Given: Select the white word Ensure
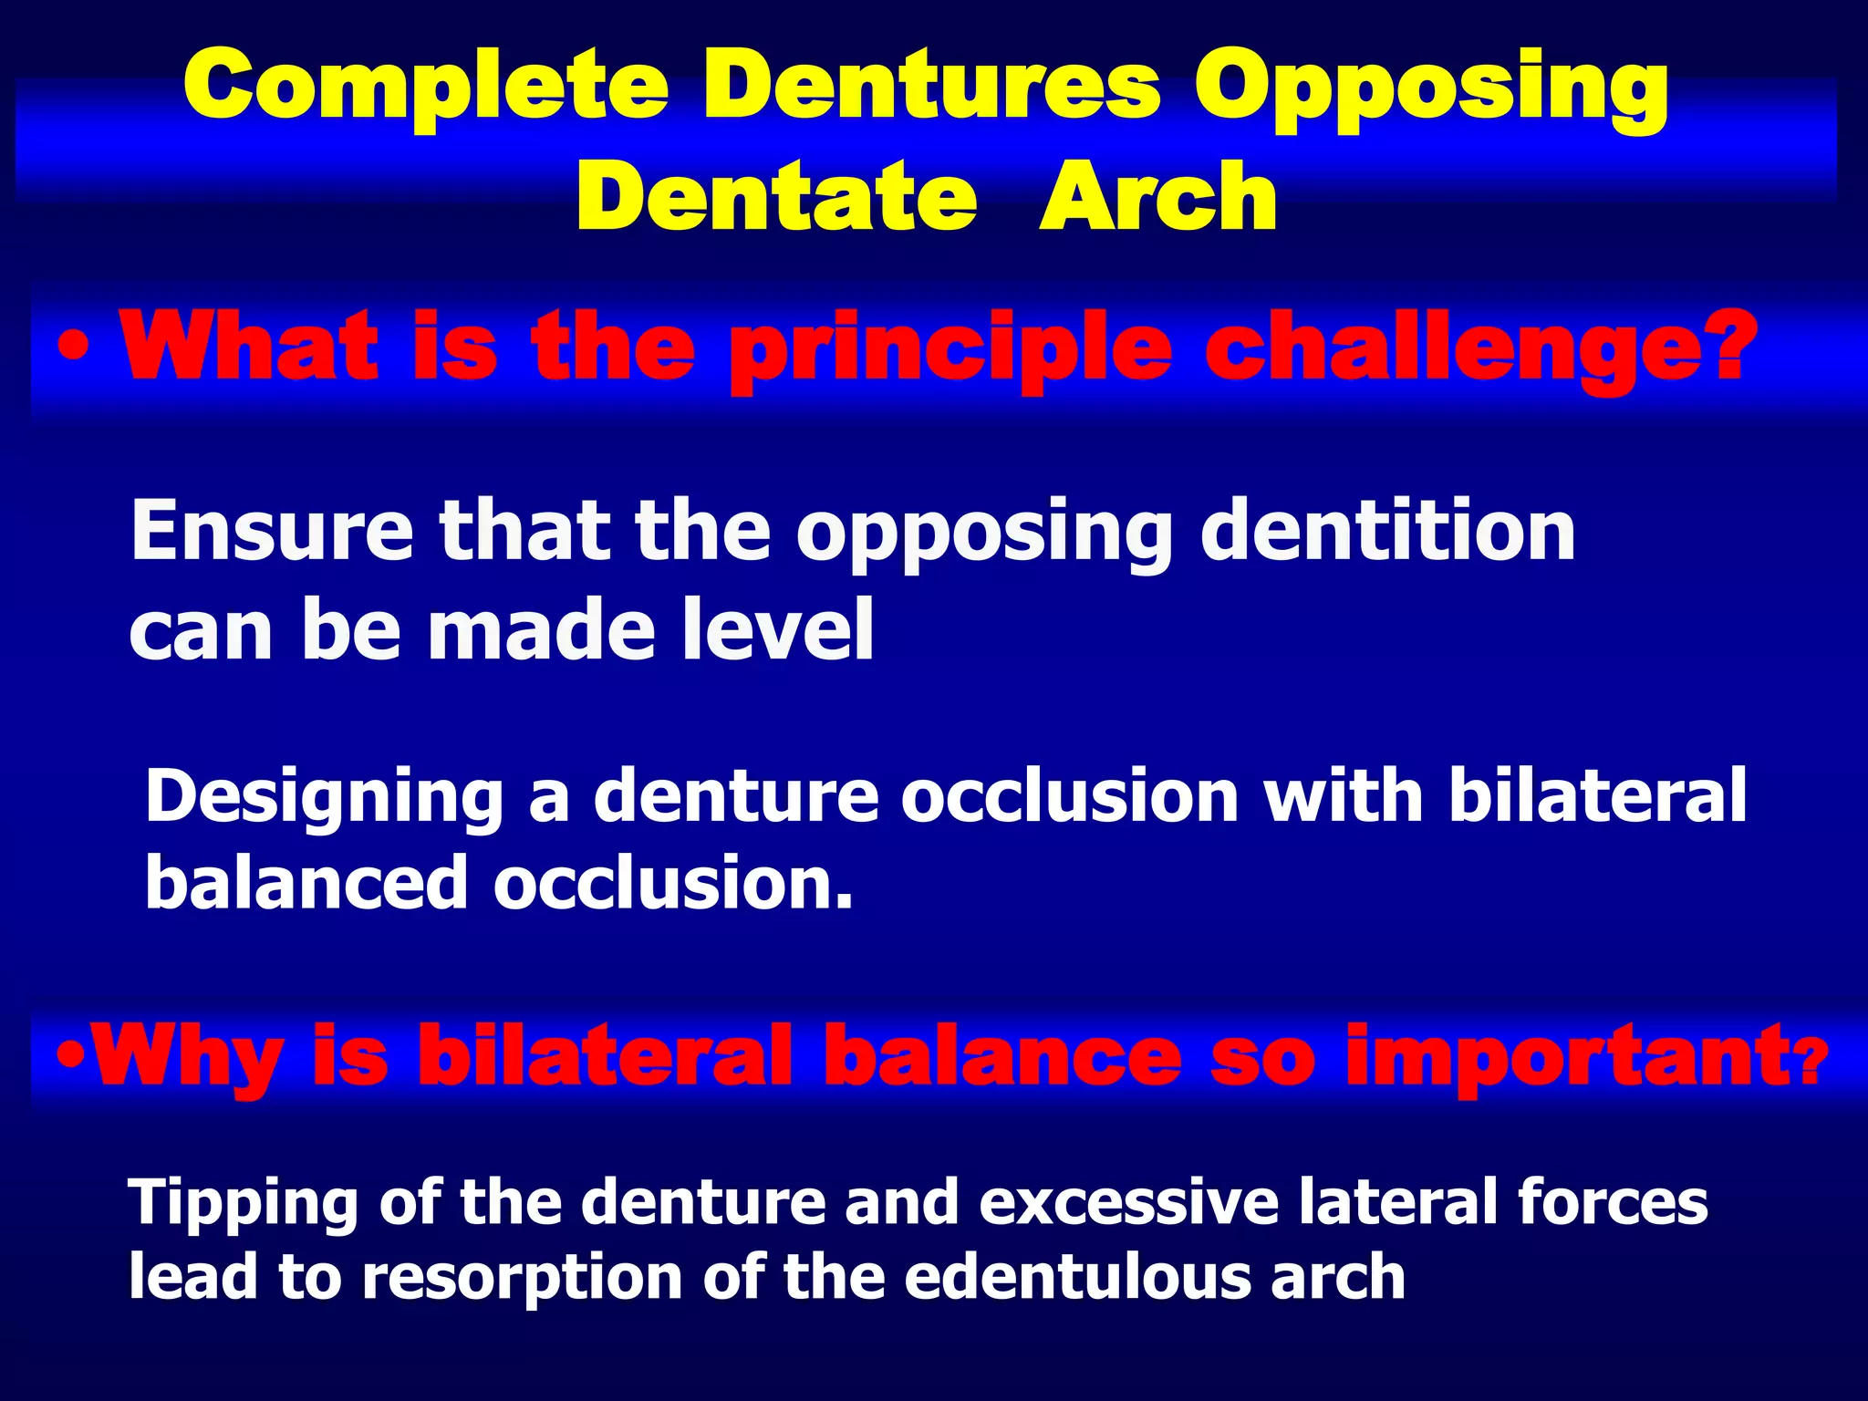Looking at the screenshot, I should [272, 532].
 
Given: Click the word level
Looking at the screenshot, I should [784, 629].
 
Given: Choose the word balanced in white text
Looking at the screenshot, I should [306, 882].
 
